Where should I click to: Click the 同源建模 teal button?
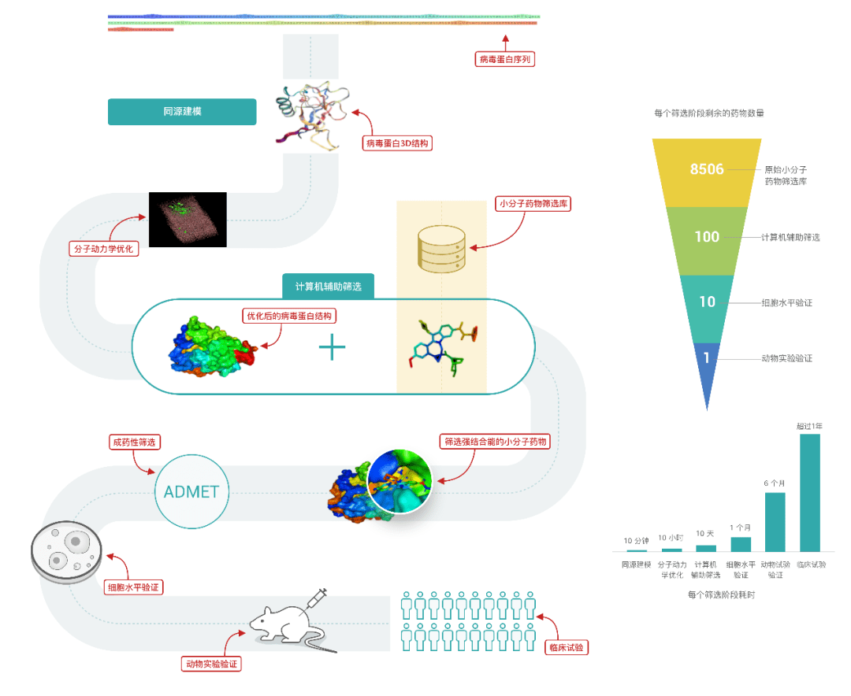(x=182, y=112)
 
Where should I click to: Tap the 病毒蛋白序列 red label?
(x=507, y=59)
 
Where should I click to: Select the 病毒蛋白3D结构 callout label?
(x=399, y=143)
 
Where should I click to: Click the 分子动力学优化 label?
(x=103, y=249)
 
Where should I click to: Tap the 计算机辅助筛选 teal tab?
(x=328, y=287)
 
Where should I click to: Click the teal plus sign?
(x=333, y=346)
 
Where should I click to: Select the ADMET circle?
(x=191, y=493)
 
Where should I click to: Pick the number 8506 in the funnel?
(x=707, y=169)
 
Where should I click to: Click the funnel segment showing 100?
(x=707, y=237)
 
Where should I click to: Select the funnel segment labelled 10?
(x=707, y=302)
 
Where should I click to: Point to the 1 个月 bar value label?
(x=741, y=528)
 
